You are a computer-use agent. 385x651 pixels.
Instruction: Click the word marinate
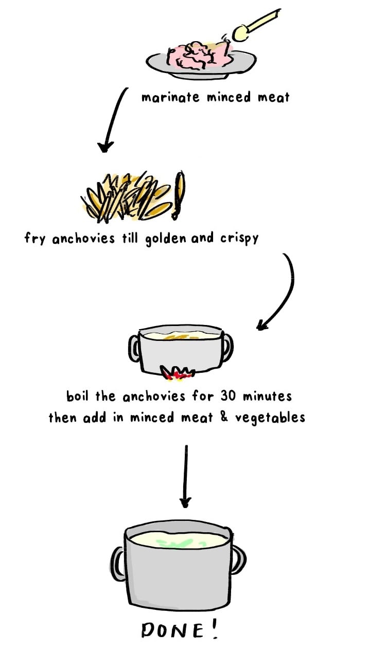tap(170, 97)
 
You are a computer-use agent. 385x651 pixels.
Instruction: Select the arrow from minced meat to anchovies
tap(114, 119)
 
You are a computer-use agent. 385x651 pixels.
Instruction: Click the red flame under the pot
tap(176, 373)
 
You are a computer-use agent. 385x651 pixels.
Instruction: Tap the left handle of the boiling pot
tap(134, 348)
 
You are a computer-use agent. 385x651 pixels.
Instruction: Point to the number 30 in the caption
tap(228, 396)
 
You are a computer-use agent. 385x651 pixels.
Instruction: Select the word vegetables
tap(270, 418)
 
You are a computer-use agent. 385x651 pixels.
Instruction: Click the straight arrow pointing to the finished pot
tap(186, 476)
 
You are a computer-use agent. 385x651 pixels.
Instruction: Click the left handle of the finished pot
tap(117, 564)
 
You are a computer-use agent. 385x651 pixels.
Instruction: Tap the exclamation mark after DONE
tap(215, 628)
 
